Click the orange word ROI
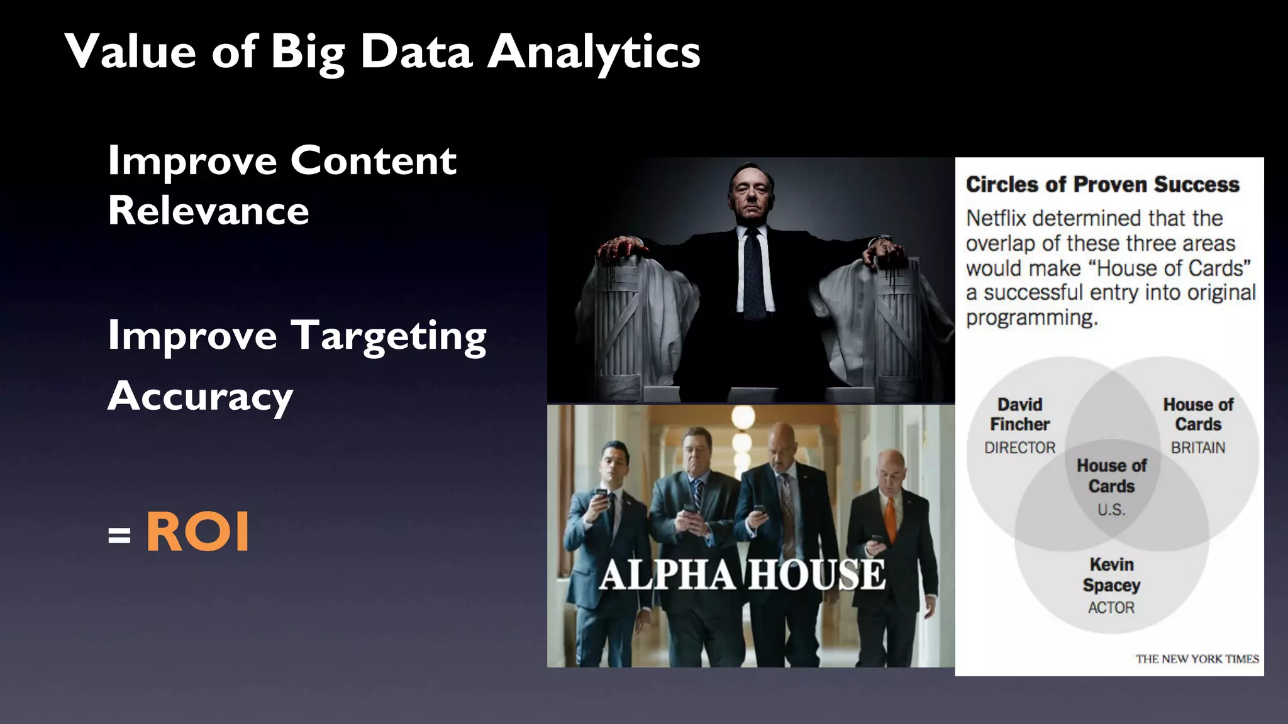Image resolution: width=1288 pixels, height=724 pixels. (x=198, y=532)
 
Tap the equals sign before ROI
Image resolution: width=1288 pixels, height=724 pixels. (x=119, y=535)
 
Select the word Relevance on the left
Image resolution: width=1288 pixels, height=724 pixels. (x=208, y=211)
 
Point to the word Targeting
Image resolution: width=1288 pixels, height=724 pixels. (x=389, y=337)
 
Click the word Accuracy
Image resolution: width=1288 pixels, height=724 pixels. (x=200, y=397)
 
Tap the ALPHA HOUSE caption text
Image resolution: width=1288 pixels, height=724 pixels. (x=742, y=574)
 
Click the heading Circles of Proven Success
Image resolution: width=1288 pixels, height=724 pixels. (x=1102, y=185)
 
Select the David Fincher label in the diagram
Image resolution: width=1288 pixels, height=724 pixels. (x=1019, y=414)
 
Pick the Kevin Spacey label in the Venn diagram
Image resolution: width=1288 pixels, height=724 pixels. (x=1111, y=574)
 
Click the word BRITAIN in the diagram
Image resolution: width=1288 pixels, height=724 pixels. (x=1197, y=447)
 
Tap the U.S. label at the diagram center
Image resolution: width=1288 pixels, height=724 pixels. (x=1111, y=510)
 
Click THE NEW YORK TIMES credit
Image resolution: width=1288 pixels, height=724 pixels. (x=1197, y=659)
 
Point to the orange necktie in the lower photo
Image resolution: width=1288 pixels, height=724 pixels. (x=890, y=519)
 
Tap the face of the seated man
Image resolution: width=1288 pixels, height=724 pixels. (x=752, y=195)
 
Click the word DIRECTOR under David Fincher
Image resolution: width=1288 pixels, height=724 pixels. (x=1019, y=447)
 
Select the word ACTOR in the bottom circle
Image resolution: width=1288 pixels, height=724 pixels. (x=1111, y=608)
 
